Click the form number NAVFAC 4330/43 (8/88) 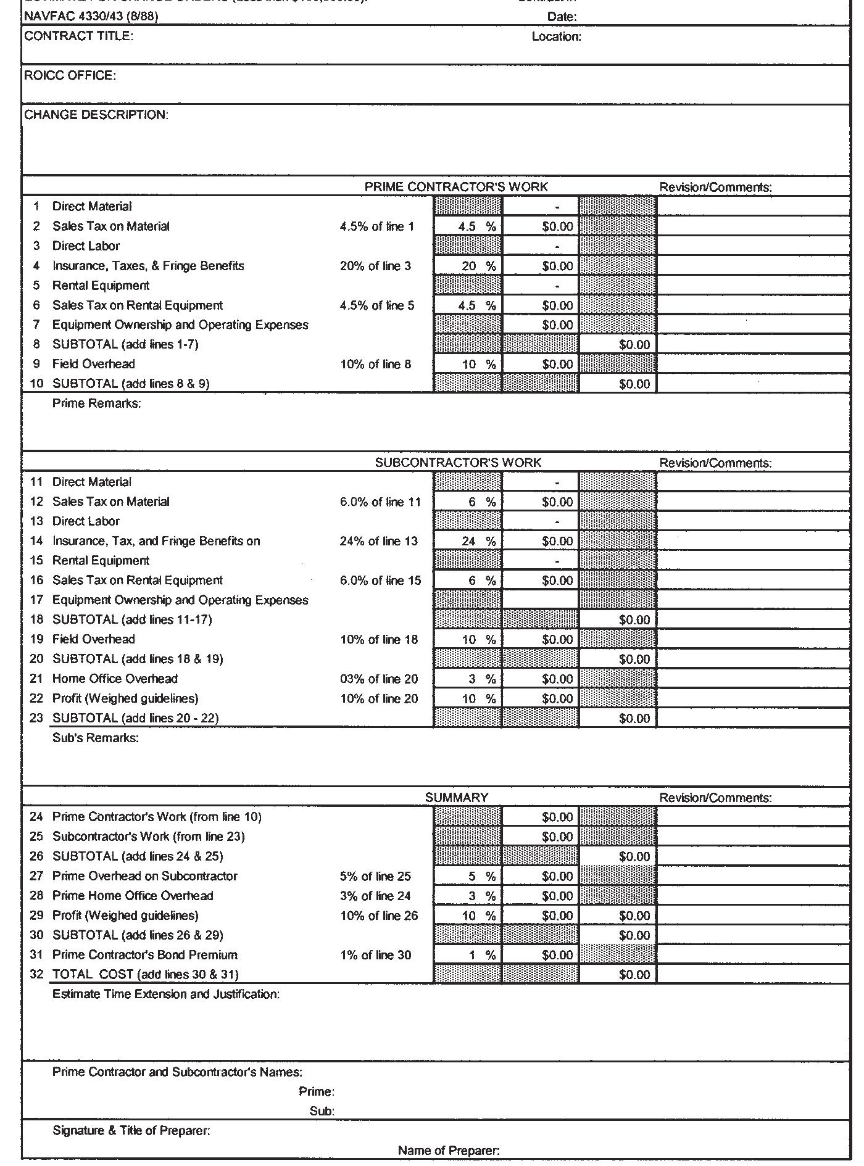tap(91, 17)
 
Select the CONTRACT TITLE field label tap(78, 36)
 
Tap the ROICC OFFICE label tap(70, 76)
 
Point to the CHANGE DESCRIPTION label tap(96, 115)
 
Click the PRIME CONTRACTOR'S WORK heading tap(456, 187)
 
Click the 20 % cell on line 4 tap(468, 267)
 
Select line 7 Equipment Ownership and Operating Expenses tap(180, 325)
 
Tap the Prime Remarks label tap(97, 404)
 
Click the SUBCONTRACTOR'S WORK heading tap(458, 463)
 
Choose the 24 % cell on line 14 tap(468, 542)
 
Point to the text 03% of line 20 tap(379, 679)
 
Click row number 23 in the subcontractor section tap(36, 719)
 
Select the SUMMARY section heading tap(457, 798)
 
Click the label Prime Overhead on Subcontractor tap(145, 877)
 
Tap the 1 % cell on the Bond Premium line tap(468, 956)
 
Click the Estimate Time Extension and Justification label tap(166, 994)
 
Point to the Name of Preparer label tap(449, 1151)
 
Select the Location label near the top tap(556, 37)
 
